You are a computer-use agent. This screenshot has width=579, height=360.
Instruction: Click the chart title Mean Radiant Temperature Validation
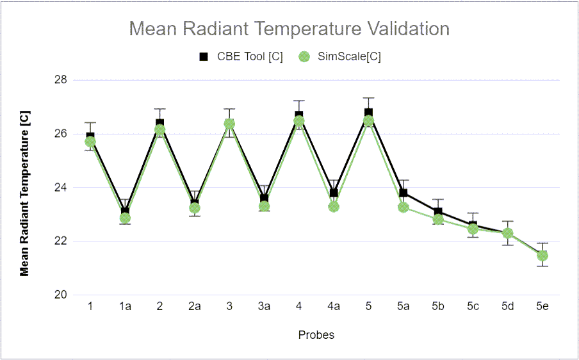289,29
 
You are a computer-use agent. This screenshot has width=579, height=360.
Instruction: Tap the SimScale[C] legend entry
340,56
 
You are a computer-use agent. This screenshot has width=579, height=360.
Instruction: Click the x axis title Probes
316,334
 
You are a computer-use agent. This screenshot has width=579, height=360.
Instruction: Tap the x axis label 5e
542,307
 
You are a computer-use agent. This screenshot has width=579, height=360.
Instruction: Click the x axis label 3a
264,307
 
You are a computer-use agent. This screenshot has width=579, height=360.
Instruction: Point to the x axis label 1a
125,307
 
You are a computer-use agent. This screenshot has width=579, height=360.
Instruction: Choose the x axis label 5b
438,307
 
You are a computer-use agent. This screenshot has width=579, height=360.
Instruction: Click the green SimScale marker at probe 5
368,121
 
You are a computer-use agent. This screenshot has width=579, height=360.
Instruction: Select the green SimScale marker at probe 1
90,142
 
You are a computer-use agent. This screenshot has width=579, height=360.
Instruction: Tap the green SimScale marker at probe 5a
403,207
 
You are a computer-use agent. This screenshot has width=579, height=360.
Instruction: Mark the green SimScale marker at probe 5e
542,256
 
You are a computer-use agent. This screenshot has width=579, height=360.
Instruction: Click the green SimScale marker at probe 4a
334,206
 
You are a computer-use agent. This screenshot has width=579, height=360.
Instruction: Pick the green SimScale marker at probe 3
229,124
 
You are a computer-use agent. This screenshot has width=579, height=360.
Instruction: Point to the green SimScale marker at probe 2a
195,208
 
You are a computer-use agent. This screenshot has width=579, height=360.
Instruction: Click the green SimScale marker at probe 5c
473,229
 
